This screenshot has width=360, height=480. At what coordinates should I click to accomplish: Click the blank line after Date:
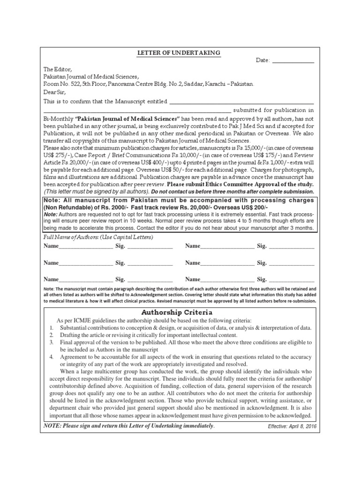[x=293, y=62]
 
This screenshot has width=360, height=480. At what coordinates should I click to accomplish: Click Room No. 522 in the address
[x=62, y=84]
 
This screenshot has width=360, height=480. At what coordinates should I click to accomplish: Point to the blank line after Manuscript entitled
[x=241, y=103]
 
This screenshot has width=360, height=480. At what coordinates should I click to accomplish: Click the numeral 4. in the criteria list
[x=51, y=357]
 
